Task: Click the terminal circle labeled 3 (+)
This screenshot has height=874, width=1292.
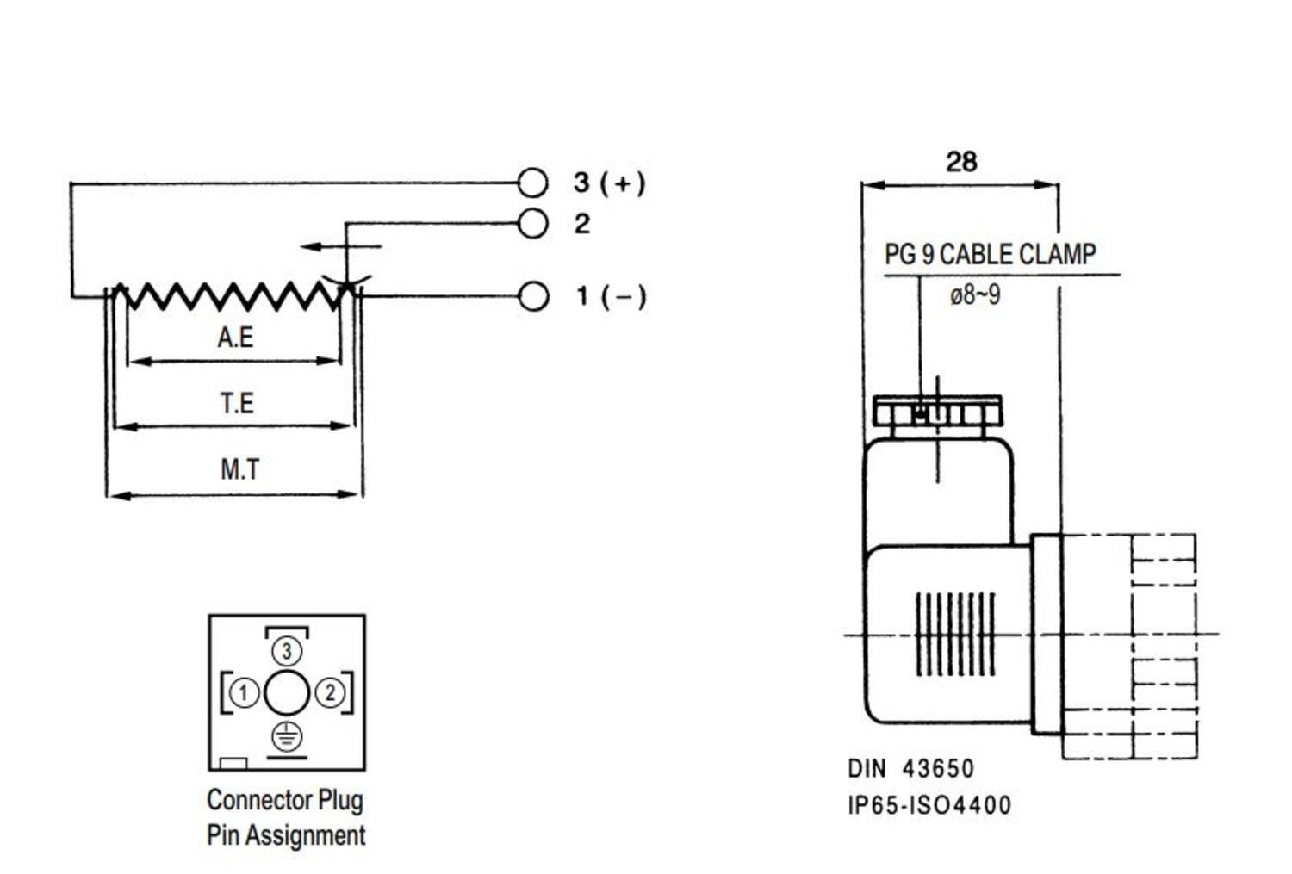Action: point(533,183)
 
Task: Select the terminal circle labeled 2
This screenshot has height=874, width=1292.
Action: point(533,224)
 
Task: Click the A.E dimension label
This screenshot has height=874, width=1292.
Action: point(235,337)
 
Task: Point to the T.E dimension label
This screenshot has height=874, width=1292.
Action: point(237,402)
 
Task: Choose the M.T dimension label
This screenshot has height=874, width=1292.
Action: point(239,469)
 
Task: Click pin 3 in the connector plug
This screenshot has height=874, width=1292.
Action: point(287,651)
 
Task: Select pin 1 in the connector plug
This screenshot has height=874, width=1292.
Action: point(244,692)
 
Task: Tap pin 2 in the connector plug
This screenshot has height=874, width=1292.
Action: point(330,692)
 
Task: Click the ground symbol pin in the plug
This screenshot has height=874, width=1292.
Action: point(287,736)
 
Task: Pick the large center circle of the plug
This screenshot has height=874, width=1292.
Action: point(287,693)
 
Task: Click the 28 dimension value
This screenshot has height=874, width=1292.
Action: point(961,162)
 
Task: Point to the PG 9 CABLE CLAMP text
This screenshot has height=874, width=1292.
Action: point(990,255)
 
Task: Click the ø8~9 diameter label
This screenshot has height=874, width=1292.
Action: point(975,295)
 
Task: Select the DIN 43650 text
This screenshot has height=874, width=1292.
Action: point(911,768)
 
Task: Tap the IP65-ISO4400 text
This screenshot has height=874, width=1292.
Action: point(929,806)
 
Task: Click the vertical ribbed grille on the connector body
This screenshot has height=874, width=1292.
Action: point(954,634)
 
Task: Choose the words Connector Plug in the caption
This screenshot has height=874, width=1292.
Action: point(285,800)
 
